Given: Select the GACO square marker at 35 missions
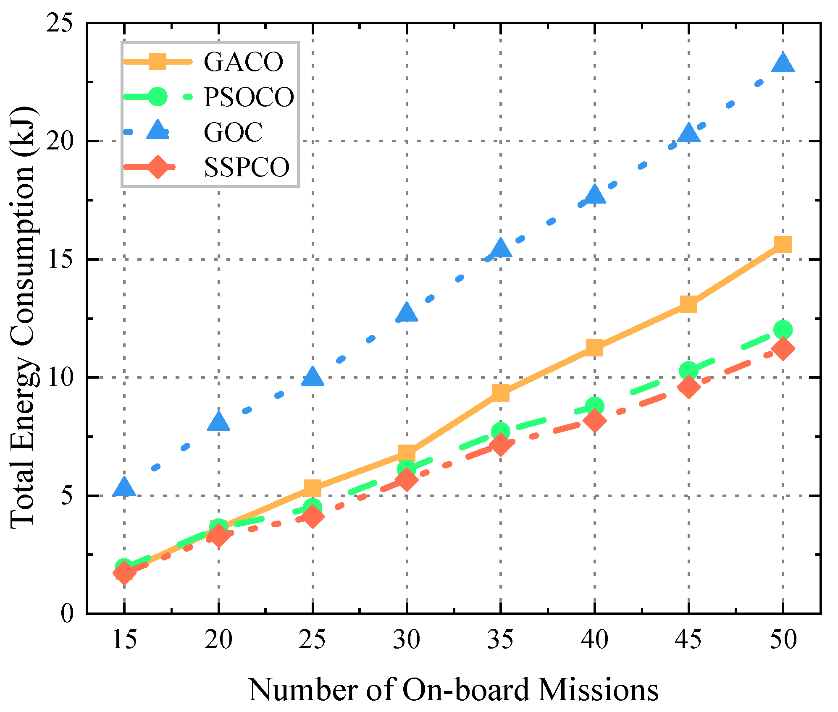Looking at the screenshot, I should click(x=501, y=393).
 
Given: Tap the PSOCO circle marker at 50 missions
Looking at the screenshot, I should click(x=783, y=330).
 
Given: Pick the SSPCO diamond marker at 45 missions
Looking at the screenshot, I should click(x=689, y=387).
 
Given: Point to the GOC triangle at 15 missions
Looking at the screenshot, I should click(x=124, y=487).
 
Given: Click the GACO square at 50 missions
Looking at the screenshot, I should click(x=783, y=244).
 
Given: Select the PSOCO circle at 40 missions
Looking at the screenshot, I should click(x=595, y=406).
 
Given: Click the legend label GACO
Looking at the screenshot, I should click(x=244, y=62).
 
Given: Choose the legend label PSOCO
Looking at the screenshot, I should click(x=249, y=97).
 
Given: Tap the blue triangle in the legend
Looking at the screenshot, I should click(x=158, y=131).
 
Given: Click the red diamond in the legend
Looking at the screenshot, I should click(x=158, y=167).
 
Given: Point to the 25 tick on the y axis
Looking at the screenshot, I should click(x=59, y=24).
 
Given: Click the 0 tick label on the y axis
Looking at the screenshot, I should click(x=67, y=614).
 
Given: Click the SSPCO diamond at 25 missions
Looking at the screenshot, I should click(x=313, y=516).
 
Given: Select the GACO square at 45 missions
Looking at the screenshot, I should click(x=689, y=304).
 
